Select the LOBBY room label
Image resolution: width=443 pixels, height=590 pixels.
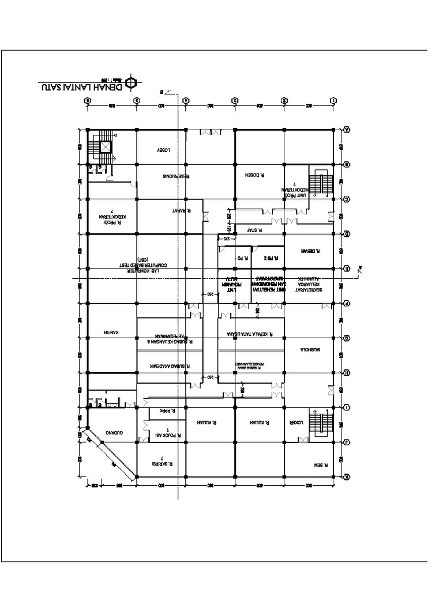[166, 149]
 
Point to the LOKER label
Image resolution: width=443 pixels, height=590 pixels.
[295, 422]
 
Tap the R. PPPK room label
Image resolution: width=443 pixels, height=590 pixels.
[167, 412]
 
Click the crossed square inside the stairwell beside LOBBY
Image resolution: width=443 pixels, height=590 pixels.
[106, 146]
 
